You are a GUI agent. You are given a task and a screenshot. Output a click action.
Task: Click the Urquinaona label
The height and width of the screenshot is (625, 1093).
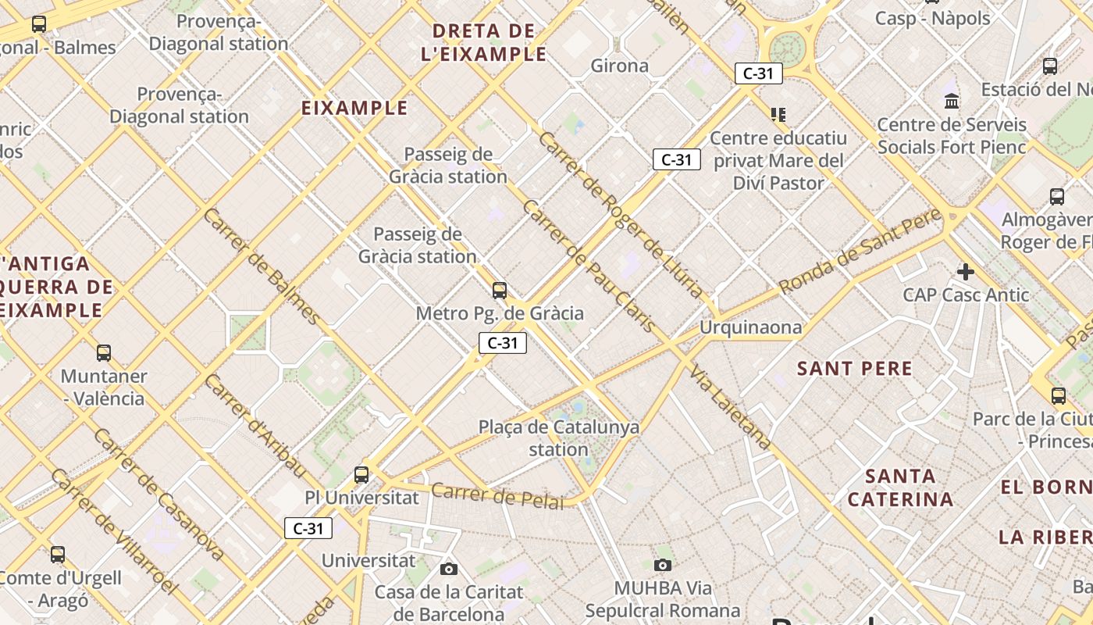749,327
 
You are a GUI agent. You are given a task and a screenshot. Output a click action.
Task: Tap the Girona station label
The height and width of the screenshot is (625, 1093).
619,66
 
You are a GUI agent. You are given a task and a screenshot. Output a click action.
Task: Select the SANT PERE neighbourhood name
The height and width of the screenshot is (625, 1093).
854,369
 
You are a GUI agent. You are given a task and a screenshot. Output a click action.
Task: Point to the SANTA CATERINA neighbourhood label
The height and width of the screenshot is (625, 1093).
900,487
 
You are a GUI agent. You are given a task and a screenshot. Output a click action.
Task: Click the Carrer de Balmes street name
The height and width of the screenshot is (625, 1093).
261,266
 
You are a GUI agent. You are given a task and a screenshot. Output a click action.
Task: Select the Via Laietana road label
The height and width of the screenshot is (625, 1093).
731,406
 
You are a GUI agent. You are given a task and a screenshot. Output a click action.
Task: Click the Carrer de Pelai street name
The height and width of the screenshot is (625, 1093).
497,496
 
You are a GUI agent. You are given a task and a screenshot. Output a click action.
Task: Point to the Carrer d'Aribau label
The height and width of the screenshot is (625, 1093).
255,425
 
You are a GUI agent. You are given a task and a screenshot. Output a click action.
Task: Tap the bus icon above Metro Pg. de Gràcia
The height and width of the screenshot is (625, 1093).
500,291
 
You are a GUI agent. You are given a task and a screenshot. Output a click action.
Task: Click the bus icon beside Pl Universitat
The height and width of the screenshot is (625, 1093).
361,474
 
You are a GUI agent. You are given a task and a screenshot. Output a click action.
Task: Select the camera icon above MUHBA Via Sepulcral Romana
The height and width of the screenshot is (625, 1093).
662,565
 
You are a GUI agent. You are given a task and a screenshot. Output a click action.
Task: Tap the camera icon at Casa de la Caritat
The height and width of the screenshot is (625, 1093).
448,569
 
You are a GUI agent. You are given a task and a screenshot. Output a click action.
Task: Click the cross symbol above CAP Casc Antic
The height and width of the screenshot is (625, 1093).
966,272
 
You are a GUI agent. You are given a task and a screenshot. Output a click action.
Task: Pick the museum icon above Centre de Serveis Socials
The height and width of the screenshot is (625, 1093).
952,101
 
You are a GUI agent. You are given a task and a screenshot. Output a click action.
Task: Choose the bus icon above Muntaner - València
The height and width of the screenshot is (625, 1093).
104,353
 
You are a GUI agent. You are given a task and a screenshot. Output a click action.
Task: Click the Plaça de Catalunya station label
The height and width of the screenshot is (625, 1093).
558,437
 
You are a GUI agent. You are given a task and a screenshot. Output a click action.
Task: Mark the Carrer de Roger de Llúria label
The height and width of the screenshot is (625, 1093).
620,214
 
